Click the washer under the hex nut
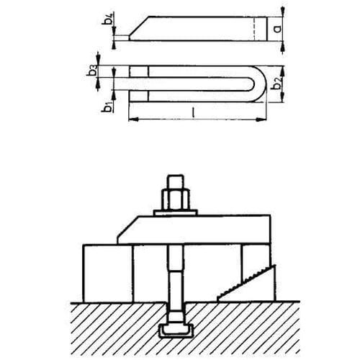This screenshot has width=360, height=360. (x=176, y=212)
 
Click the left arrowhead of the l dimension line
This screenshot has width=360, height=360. (x=131, y=120)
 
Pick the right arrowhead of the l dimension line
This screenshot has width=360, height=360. (x=260, y=120)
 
